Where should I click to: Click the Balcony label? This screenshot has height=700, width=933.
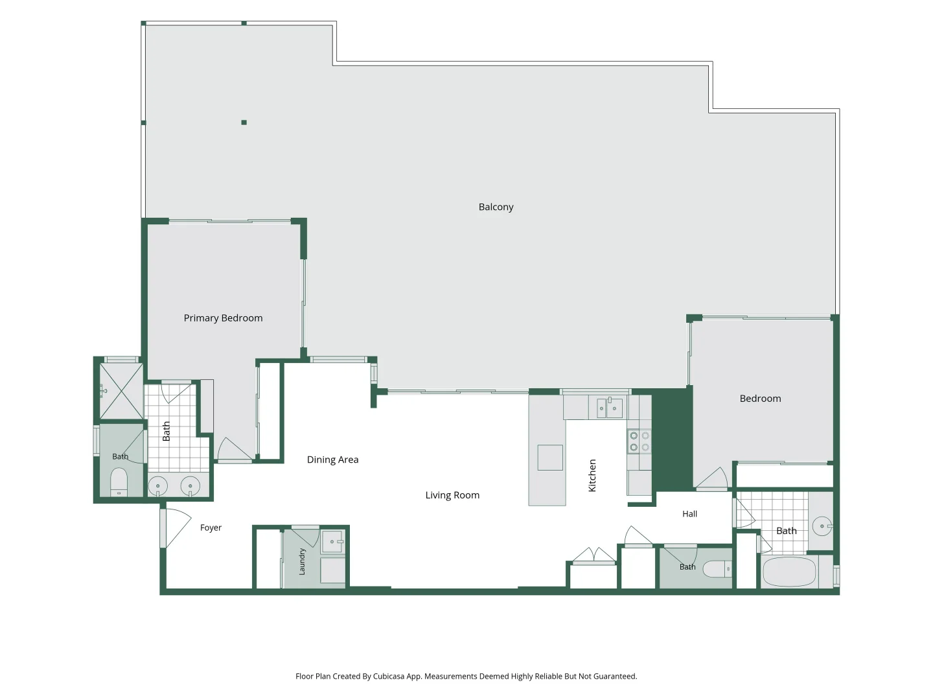click(496, 207)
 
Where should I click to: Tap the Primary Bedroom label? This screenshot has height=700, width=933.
click(223, 318)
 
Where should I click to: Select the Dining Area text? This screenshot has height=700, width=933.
click(332, 460)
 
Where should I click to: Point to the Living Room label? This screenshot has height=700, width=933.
click(452, 495)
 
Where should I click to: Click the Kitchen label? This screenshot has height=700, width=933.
click(592, 476)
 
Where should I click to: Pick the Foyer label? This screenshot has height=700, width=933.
click(211, 528)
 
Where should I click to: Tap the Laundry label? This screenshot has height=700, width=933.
click(302, 561)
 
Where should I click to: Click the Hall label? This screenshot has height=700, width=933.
click(689, 514)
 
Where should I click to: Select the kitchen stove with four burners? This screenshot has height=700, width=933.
click(639, 441)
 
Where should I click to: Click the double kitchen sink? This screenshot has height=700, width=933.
click(608, 408)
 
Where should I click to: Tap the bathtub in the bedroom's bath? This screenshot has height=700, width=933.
click(789, 572)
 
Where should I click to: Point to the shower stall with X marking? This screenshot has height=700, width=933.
click(121, 391)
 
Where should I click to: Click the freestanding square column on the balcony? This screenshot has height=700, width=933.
click(244, 122)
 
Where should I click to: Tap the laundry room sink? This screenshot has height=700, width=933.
click(332, 541)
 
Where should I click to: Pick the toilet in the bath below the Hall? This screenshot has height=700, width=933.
click(717, 569)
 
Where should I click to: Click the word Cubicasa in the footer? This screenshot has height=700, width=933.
click(389, 676)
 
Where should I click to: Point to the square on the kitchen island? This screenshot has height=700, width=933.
click(550, 458)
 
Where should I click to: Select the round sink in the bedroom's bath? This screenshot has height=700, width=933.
click(822, 526)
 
